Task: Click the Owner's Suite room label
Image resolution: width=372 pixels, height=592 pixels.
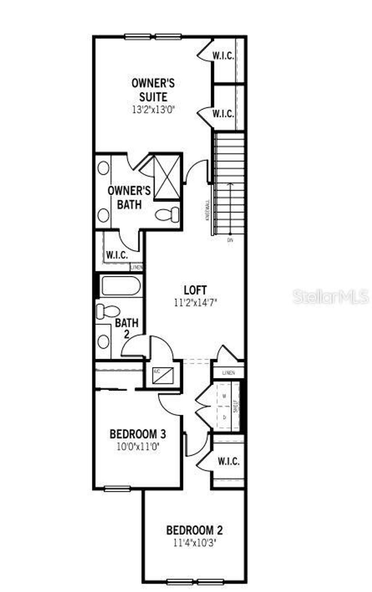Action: (153, 90)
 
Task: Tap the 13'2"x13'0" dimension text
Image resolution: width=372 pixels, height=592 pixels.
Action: (153, 109)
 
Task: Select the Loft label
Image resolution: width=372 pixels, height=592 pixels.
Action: (195, 290)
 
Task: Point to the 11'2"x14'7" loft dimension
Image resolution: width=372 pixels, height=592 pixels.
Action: (195, 302)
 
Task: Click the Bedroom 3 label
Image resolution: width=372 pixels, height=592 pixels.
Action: (138, 434)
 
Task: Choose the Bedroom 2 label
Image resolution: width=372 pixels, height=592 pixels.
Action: (194, 530)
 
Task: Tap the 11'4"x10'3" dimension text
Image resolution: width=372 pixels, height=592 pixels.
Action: (194, 543)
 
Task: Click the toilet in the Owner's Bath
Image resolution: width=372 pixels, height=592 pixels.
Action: (167, 214)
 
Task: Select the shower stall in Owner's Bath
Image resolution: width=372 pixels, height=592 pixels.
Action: (167, 177)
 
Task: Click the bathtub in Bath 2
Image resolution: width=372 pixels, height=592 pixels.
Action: (121, 286)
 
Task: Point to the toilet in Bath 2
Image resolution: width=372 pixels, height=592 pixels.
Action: (108, 312)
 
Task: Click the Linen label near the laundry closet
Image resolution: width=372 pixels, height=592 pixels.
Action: (229, 373)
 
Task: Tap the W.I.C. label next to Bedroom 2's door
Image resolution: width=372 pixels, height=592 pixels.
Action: (229, 462)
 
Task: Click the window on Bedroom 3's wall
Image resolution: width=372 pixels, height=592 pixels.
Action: (117, 489)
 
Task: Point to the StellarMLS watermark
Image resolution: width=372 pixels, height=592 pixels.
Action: (331, 297)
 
